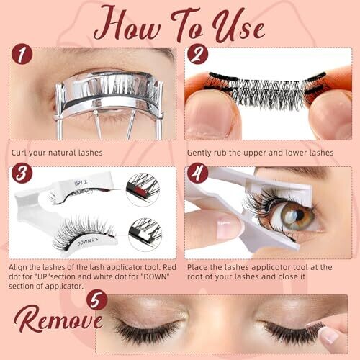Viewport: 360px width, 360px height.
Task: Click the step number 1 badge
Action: coord(22,54)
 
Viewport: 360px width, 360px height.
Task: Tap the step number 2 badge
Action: coord(198,54)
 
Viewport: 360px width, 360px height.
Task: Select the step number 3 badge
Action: coord(22,173)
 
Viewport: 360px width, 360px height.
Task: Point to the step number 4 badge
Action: coord(198,173)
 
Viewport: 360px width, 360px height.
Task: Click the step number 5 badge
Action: coord(96,300)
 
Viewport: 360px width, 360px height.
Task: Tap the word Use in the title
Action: coord(238,27)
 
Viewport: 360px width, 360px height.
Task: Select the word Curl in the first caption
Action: coord(19,153)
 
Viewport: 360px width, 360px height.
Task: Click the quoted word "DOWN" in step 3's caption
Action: coord(156,276)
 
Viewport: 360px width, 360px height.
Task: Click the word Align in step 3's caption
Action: coord(18,268)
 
